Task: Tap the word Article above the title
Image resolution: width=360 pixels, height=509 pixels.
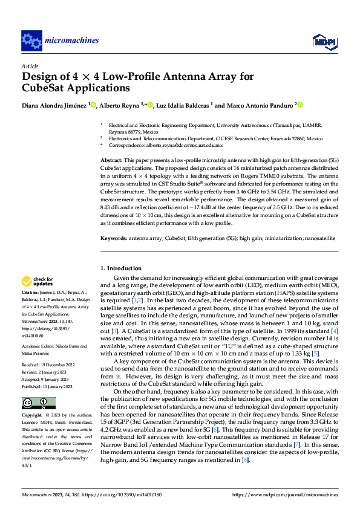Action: point(30,65)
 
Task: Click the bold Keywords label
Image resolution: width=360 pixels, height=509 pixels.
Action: point(113,238)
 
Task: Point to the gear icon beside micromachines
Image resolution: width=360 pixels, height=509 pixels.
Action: point(31,41)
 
